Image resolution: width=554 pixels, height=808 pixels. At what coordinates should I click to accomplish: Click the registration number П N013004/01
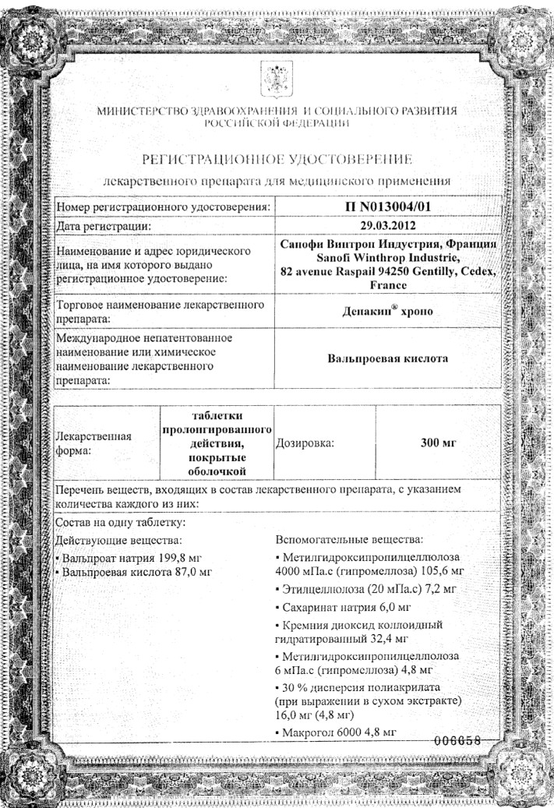[x=388, y=207]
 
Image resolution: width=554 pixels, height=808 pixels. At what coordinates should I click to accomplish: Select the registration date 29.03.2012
[x=388, y=226]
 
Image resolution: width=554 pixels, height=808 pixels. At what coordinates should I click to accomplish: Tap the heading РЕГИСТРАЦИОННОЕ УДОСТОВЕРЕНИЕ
[x=277, y=160]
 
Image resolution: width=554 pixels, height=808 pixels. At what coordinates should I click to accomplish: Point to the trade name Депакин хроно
[x=388, y=309]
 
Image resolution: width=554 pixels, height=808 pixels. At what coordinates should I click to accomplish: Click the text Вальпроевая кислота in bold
[x=388, y=361]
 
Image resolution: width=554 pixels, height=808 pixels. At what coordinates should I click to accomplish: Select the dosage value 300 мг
[x=437, y=443]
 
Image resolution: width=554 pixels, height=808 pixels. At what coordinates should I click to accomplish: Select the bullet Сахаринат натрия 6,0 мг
[x=344, y=605]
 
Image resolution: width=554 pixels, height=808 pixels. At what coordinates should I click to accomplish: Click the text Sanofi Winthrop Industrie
[x=388, y=258]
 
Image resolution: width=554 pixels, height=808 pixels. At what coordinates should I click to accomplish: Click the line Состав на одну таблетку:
[x=121, y=521]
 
